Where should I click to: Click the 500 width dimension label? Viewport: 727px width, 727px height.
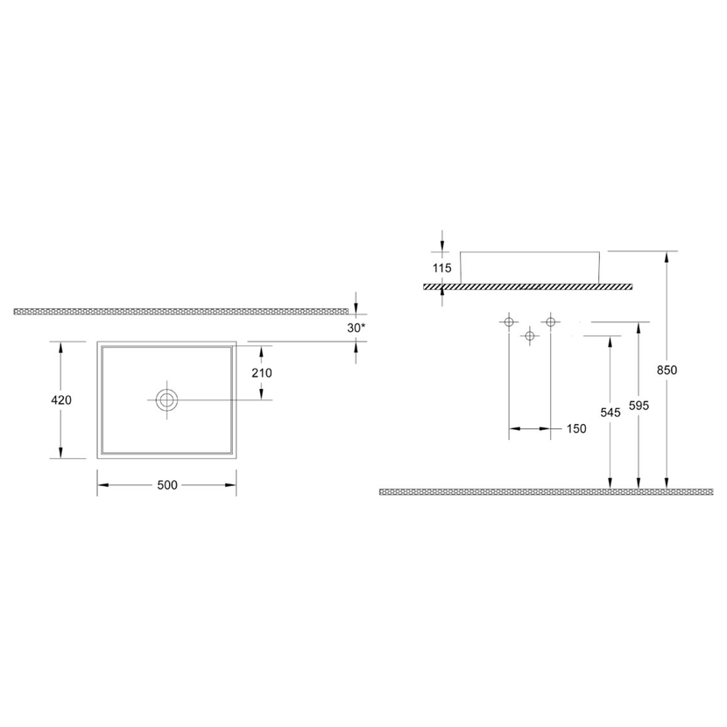(x=167, y=485)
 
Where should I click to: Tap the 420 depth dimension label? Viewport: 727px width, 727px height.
(x=61, y=399)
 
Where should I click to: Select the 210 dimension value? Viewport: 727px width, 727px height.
(x=262, y=373)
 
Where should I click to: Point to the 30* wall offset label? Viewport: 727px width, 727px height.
(x=356, y=328)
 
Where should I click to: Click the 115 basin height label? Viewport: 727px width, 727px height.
(x=441, y=268)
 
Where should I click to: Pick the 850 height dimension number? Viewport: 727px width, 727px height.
(x=667, y=370)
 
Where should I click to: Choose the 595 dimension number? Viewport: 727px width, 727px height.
(x=639, y=406)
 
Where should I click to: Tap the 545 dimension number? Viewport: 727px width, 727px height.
(x=611, y=413)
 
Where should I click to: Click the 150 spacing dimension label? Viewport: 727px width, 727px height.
(x=576, y=429)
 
